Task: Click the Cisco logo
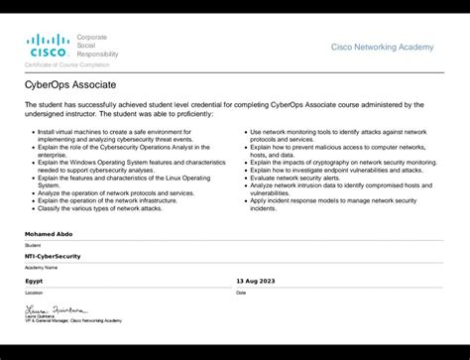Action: click(x=47, y=45)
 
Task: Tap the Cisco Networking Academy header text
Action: click(x=382, y=47)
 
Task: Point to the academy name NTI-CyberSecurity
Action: click(x=53, y=256)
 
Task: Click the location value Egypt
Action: click(x=34, y=281)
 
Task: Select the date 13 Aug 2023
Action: click(x=257, y=281)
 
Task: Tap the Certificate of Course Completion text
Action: click(x=66, y=63)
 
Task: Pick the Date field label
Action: click(x=241, y=293)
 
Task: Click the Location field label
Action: click(x=34, y=293)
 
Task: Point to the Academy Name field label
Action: click(x=41, y=268)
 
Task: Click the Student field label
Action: click(x=33, y=244)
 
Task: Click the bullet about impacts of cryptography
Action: click(x=342, y=162)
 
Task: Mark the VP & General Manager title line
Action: click(x=73, y=320)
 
